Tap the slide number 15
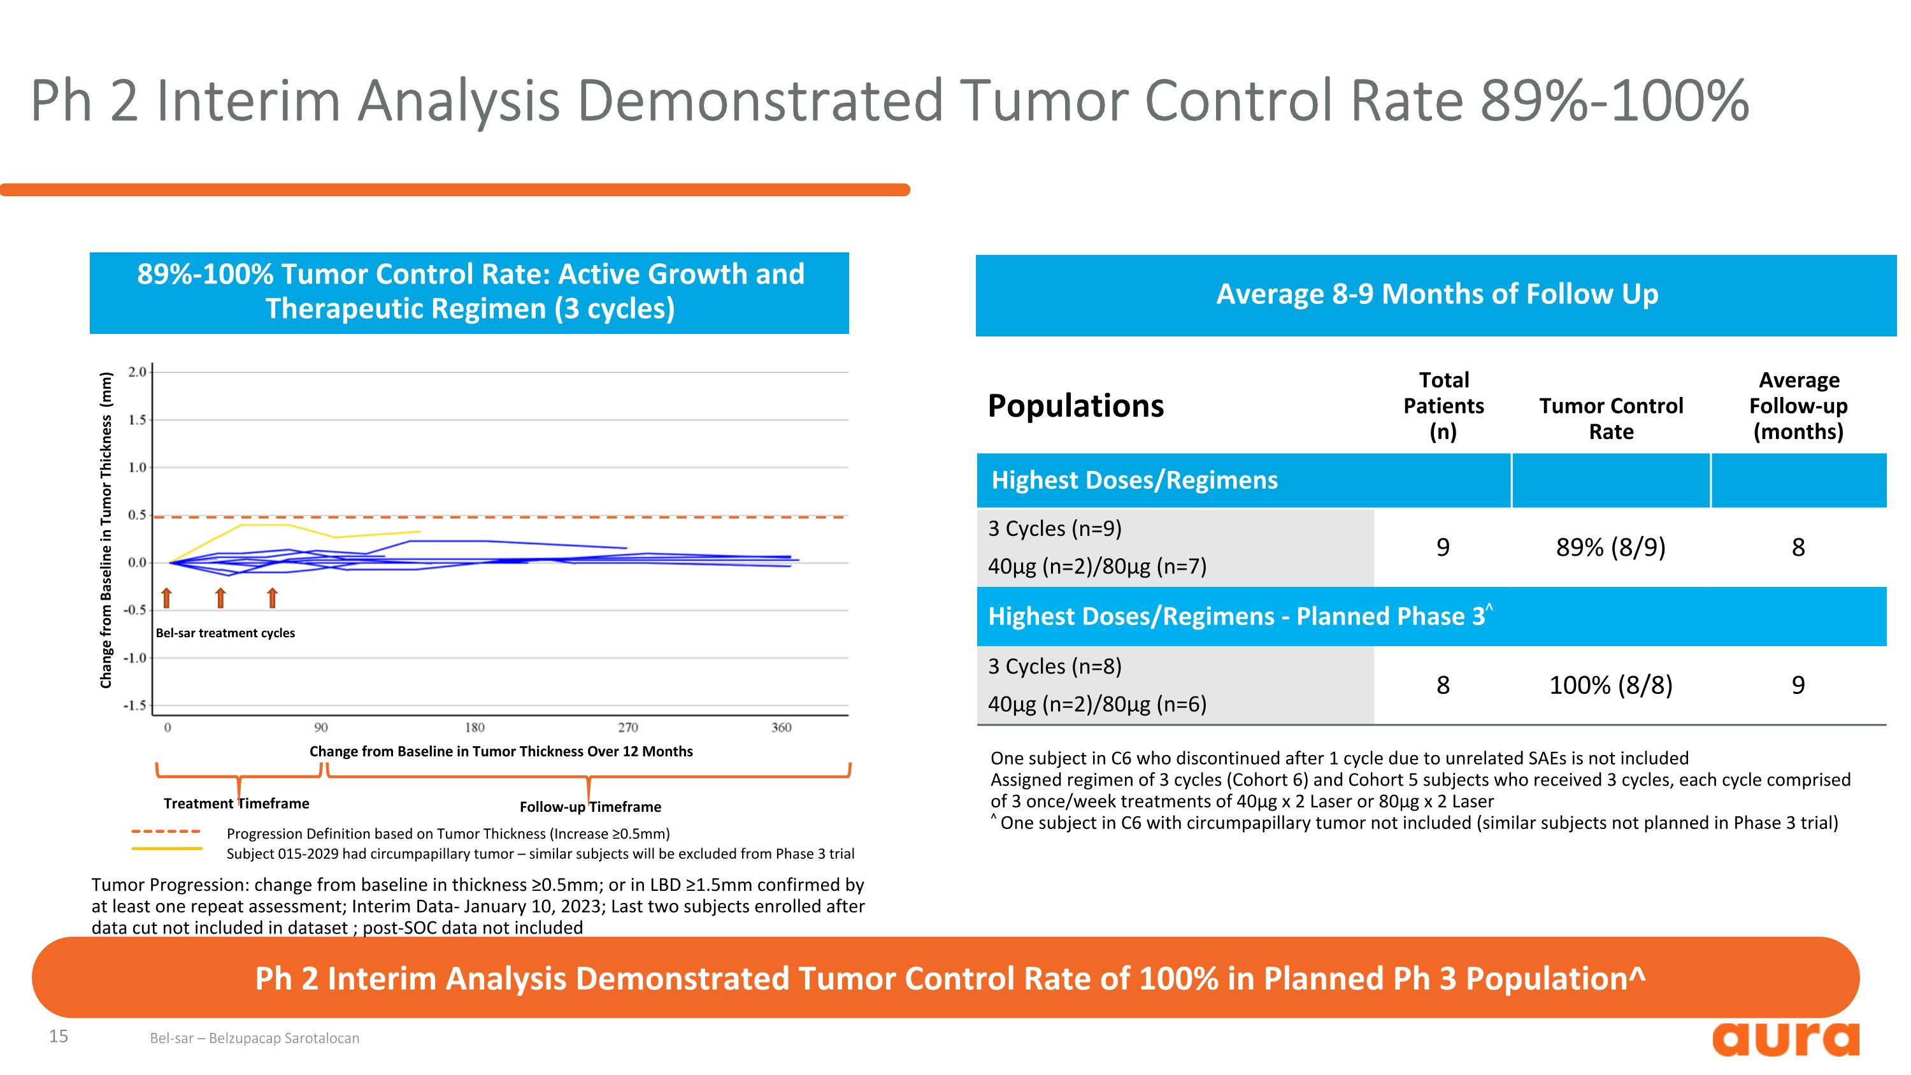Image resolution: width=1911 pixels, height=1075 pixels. [59, 1035]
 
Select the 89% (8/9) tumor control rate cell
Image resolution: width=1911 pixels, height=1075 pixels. [1610, 547]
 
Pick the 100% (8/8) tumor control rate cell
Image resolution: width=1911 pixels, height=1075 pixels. [1610, 685]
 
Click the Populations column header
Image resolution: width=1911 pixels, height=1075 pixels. [1076, 406]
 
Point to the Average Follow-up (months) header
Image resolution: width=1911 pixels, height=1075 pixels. [1798, 406]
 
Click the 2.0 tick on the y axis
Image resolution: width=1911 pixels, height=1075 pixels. [137, 372]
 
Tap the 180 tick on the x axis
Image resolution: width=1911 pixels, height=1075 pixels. [475, 728]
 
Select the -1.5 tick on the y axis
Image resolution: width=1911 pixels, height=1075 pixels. [135, 705]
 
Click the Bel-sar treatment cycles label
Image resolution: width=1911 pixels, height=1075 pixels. [225, 633]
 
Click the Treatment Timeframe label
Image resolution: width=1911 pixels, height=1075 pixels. [236, 804]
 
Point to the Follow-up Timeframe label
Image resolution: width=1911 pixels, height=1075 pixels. [590, 807]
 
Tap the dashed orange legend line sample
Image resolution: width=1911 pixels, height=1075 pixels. [166, 832]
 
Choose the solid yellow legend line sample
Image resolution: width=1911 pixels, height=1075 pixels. [166, 849]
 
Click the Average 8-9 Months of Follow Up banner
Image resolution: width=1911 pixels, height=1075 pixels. [1436, 294]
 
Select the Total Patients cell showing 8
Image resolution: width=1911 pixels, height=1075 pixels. [1443, 685]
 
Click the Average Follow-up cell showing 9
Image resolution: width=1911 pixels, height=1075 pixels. [1798, 685]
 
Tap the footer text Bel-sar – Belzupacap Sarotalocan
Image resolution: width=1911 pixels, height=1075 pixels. [254, 1038]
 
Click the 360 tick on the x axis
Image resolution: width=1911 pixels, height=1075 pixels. [781, 728]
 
